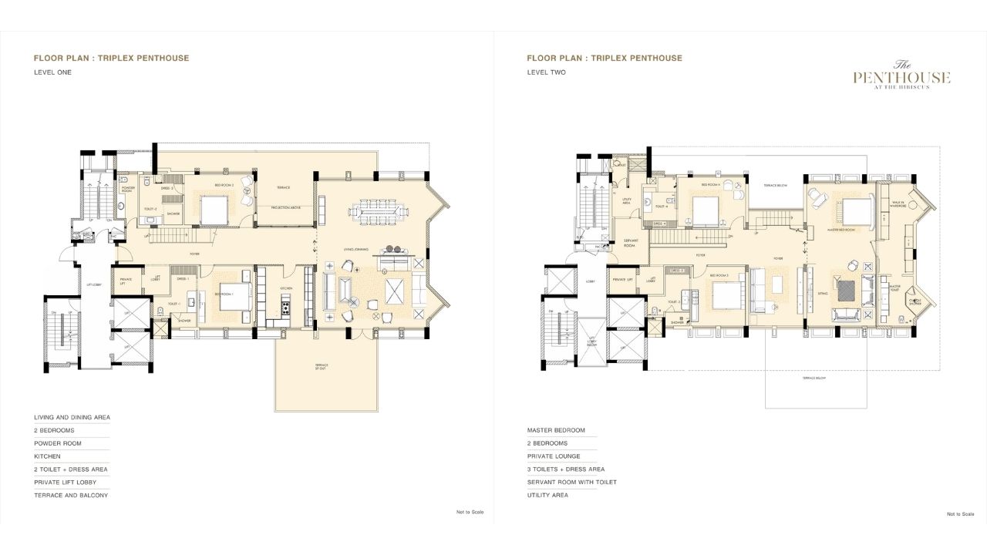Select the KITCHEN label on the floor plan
[x=286, y=288]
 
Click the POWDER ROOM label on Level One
[x=128, y=189]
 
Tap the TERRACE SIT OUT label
[x=322, y=366]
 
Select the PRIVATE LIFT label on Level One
[x=126, y=281]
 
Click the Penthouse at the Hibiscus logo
[x=901, y=76]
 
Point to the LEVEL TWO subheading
[x=546, y=72]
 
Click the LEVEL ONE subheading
[x=52, y=72]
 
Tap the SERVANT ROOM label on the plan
[x=629, y=243]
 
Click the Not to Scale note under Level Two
[x=960, y=513]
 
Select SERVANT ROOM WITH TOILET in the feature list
[x=571, y=482]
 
